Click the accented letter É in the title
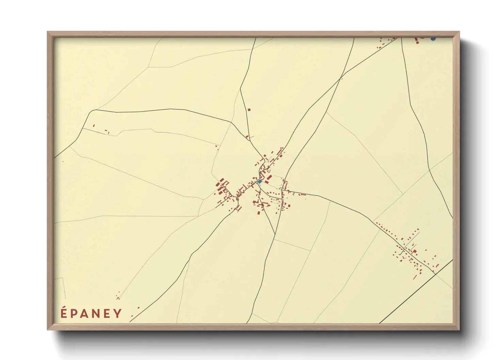(64, 313)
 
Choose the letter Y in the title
(118, 313)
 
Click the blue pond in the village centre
(260, 182)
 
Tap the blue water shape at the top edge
(433, 39)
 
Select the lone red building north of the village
(249, 110)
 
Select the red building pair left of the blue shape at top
(416, 40)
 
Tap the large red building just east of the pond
(269, 178)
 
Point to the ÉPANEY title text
(91, 313)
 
